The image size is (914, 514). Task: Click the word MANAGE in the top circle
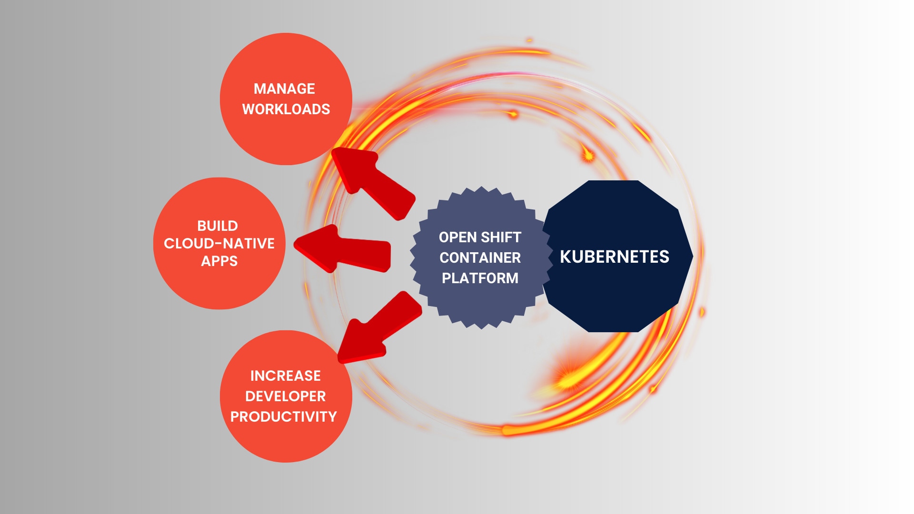pyautogui.click(x=284, y=89)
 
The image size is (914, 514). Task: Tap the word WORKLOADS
pyautogui.click(x=286, y=109)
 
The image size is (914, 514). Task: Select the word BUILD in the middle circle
pyautogui.click(x=218, y=226)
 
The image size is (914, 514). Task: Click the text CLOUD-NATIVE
pyautogui.click(x=219, y=244)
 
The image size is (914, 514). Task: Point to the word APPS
pyautogui.click(x=219, y=261)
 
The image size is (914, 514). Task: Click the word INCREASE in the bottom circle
pyautogui.click(x=285, y=376)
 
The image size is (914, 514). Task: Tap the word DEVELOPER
pyautogui.click(x=285, y=396)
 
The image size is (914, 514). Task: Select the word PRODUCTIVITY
pyautogui.click(x=283, y=417)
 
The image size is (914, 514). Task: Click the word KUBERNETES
pyautogui.click(x=614, y=257)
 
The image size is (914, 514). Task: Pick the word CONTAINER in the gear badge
pyautogui.click(x=480, y=258)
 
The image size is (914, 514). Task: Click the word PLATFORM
pyautogui.click(x=480, y=278)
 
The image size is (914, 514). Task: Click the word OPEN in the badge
pyautogui.click(x=457, y=237)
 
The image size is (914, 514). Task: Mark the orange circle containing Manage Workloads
pyautogui.click(x=286, y=138)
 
